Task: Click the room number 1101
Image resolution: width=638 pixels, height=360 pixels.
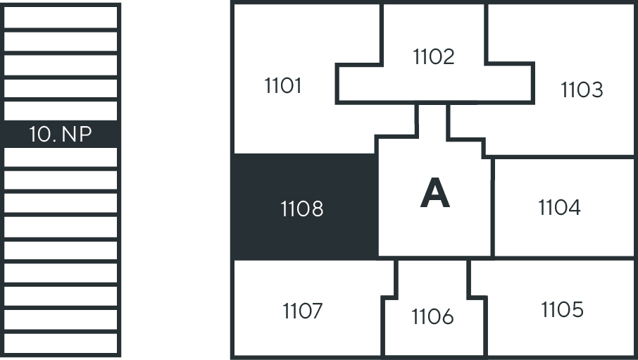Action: click(283, 86)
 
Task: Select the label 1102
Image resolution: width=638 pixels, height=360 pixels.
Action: click(434, 56)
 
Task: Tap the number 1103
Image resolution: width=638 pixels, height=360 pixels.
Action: click(582, 90)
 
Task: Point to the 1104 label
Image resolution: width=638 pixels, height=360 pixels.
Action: click(559, 208)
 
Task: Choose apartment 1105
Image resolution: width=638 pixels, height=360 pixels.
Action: click(562, 310)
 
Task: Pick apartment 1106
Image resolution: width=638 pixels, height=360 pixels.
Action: click(433, 318)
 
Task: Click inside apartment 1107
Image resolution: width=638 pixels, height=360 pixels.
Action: click(303, 311)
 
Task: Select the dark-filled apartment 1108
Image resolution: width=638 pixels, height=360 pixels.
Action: click(302, 209)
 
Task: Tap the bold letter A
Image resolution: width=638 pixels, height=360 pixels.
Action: click(434, 194)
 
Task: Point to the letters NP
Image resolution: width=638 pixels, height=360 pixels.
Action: click(77, 135)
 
